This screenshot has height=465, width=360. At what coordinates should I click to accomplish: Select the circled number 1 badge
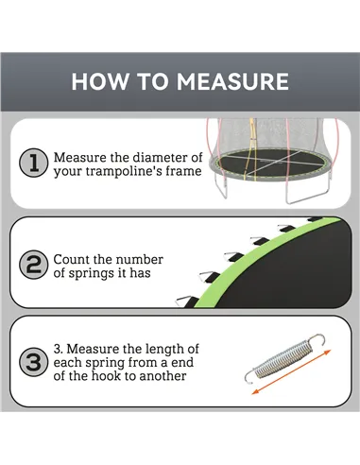(34, 164)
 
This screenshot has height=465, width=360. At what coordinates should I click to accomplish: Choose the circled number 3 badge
(34, 363)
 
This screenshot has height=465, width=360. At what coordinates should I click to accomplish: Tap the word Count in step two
(72, 259)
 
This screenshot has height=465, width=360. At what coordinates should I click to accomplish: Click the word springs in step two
(94, 274)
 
